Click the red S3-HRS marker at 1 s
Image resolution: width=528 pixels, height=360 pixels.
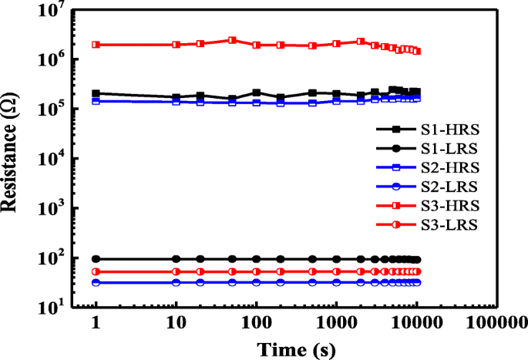96,45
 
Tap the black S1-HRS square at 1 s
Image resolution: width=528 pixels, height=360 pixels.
96,93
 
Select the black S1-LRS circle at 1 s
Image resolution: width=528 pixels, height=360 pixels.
96,259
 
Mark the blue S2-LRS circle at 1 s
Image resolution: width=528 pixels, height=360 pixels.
96,283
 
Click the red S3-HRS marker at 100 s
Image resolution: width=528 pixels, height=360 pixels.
256,45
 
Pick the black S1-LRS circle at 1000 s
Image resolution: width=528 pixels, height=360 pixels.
336,259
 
